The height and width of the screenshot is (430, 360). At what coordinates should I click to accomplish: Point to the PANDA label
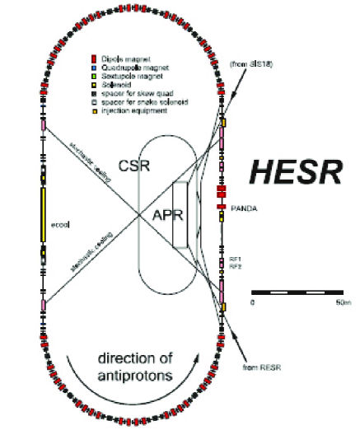(244, 210)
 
